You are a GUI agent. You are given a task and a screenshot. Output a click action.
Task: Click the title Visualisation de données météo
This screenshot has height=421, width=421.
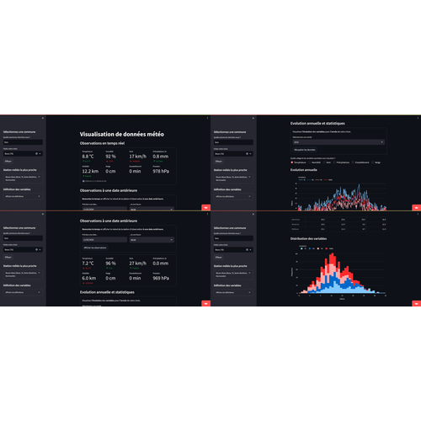pos(122,134)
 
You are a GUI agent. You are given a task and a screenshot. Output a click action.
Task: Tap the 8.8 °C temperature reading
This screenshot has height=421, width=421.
pos(88,156)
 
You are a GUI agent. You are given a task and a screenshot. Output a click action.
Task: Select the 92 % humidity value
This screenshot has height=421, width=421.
pos(110,156)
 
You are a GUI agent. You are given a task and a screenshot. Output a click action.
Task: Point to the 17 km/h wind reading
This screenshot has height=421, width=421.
pos(137,156)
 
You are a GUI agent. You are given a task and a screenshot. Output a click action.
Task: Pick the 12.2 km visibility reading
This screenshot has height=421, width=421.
pos(90,172)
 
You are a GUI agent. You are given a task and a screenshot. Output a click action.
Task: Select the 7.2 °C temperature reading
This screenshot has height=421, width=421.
pos(88,264)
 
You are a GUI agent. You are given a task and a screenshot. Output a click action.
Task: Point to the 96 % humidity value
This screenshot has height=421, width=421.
pos(110,264)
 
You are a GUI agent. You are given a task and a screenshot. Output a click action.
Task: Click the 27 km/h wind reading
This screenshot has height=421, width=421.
pos(137,264)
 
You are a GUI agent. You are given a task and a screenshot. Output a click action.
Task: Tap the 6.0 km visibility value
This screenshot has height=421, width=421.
pos(88,279)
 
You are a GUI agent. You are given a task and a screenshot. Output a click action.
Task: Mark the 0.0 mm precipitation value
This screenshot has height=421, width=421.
pos(162,264)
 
